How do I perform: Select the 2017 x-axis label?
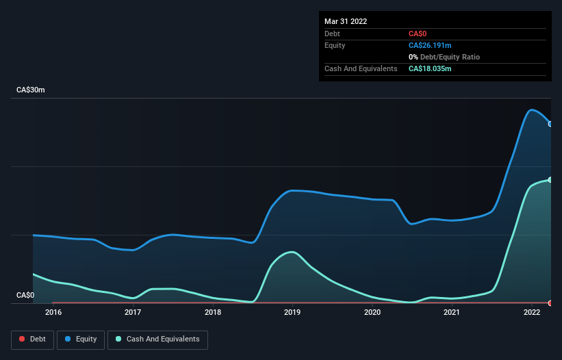133,313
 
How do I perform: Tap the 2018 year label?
213,313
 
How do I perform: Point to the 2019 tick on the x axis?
292,313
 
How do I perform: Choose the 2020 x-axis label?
372,313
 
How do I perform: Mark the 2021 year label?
452,313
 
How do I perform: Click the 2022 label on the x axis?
532,313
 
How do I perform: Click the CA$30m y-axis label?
31,90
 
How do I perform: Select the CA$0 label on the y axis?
25,295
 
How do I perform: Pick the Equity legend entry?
81,339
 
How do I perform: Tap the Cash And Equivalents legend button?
157,339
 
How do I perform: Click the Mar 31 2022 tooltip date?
346,21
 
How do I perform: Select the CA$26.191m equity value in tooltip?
431,45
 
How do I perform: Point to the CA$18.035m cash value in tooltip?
431,68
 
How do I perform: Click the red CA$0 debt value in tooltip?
418,34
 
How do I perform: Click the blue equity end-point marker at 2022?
550,124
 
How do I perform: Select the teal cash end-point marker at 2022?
550,179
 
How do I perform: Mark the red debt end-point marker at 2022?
550,303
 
